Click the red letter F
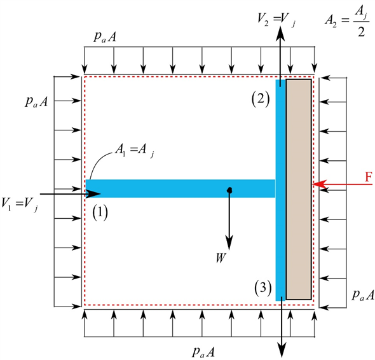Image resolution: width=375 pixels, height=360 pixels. [367, 177]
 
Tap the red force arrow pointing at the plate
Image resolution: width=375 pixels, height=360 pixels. [337, 184]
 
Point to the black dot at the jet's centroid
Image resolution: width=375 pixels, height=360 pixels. [229, 190]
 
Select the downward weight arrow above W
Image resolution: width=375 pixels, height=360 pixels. [229, 223]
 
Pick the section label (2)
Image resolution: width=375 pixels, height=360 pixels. [261, 99]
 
